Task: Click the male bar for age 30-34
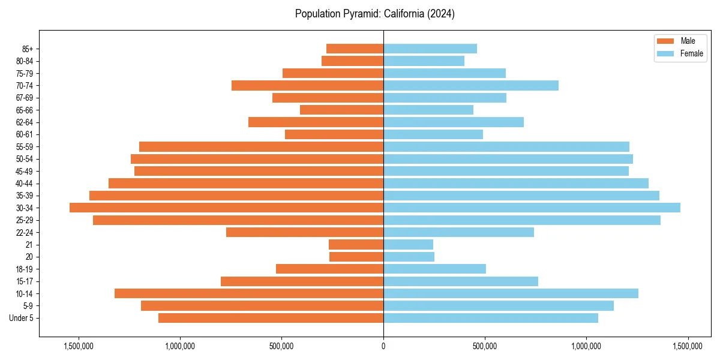226,208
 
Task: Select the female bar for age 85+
430,49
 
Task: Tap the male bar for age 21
356,244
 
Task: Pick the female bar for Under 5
490,318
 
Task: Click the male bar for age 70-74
307,85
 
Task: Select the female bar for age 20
409,257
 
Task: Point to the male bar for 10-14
249,293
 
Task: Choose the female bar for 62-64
453,122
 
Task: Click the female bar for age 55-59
506,146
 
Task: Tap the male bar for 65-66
341,110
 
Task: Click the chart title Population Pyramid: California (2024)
375,14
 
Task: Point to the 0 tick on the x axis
383,346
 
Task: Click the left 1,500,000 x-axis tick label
79,346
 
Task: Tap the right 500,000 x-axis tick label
485,346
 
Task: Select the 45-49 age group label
25,171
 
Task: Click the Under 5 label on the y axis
22,318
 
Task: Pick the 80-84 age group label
25,61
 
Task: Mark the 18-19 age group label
25,269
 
